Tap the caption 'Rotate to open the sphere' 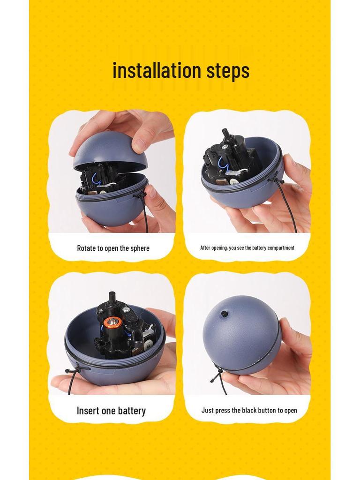pos(113,248)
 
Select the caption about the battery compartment pos(247,247)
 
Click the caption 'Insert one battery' pos(111,411)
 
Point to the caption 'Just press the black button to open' pos(249,410)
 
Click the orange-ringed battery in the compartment pos(113,322)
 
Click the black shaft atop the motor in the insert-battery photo pos(112,298)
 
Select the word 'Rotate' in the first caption pos(86,248)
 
